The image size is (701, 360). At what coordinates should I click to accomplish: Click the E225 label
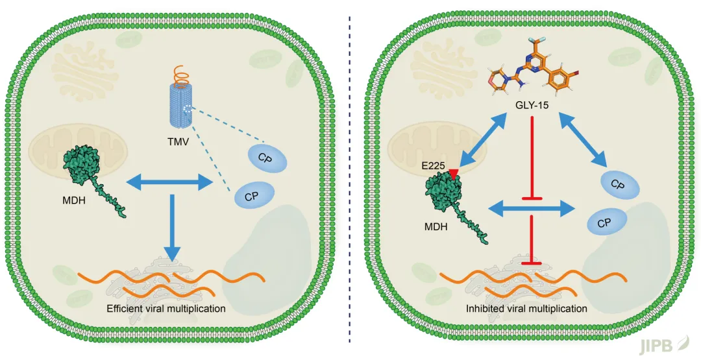(x=433, y=165)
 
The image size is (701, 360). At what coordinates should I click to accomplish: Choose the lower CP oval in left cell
(x=253, y=195)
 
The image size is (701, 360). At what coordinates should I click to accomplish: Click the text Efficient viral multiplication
(x=166, y=308)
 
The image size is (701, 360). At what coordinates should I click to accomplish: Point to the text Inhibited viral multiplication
(x=526, y=308)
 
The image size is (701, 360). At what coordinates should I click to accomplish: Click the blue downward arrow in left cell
(x=172, y=228)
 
